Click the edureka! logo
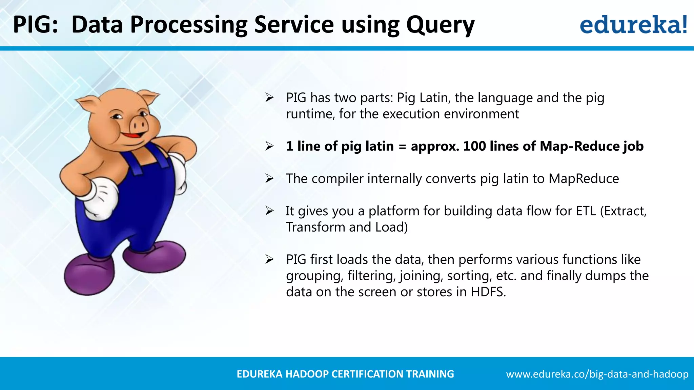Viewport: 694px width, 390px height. pos(633,24)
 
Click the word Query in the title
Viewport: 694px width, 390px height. pos(440,25)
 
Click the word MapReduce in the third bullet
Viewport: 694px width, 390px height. pos(584,178)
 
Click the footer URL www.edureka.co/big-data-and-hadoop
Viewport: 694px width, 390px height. pos(597,374)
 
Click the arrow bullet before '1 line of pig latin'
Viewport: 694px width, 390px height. pos(269,146)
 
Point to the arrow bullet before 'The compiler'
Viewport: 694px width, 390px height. pos(269,178)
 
